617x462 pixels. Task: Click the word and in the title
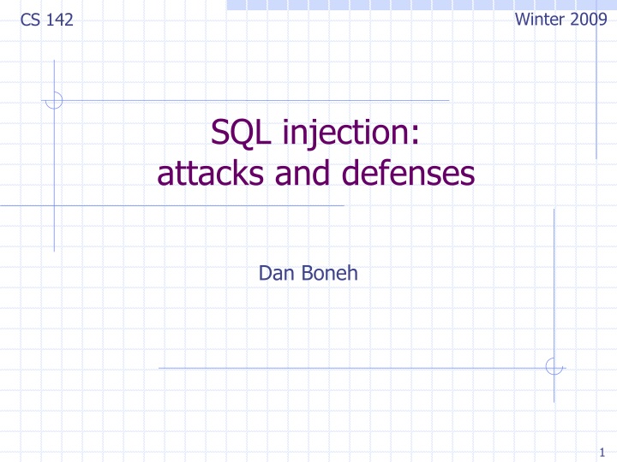tap(295, 175)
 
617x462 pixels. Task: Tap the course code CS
tap(28, 20)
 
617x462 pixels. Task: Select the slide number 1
tap(603, 453)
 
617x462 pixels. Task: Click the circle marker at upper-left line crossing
tap(54, 100)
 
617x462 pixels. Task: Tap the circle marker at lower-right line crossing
tap(554, 367)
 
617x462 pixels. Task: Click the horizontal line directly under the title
tap(171, 206)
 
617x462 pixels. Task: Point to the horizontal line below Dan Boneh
tap(343, 368)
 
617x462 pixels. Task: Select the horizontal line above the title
tap(257, 100)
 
